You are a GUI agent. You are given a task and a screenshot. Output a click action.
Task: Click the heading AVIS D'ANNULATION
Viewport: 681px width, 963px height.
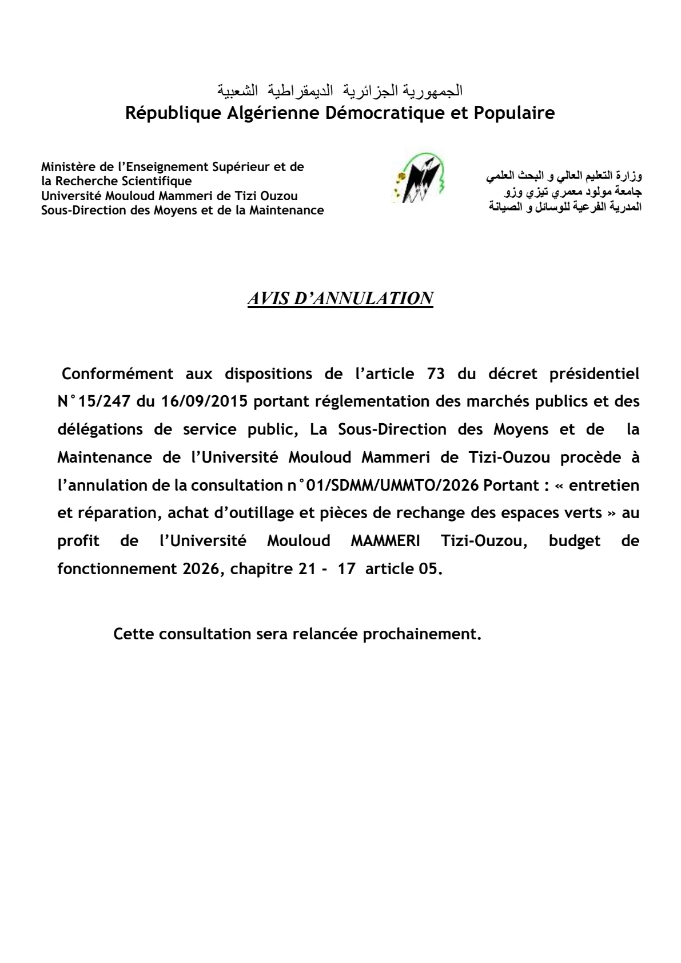pyautogui.click(x=340, y=299)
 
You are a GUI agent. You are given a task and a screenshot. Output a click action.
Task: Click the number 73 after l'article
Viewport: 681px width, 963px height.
pyautogui.click(x=436, y=374)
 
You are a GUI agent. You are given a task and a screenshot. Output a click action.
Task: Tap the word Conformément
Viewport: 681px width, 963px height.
pyautogui.click(x=117, y=374)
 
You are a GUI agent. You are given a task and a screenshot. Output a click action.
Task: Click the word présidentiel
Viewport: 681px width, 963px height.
pyautogui.click(x=594, y=374)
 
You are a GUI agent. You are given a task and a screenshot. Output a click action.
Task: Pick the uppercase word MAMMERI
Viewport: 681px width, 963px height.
pyautogui.click(x=385, y=541)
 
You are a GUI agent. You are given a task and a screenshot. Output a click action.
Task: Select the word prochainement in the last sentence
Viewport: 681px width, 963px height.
pyautogui.click(x=422, y=634)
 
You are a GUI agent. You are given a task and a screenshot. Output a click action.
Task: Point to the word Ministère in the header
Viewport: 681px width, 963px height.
pyautogui.click(x=68, y=167)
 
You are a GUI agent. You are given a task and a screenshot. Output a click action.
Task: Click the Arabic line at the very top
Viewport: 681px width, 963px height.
pyautogui.click(x=340, y=91)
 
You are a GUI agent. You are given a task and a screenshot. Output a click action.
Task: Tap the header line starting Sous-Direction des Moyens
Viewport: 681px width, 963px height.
pyautogui.click(x=182, y=210)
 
